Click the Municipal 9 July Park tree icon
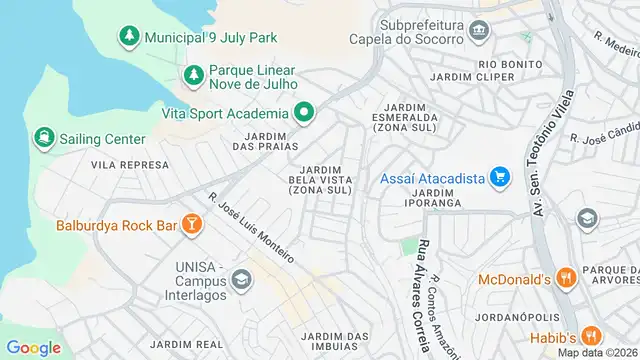(129, 37)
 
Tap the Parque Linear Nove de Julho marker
(193, 75)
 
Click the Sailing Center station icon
(44, 137)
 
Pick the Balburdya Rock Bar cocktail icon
(190, 225)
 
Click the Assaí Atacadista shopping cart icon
(499, 179)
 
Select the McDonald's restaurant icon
(565, 279)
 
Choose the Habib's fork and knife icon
(592, 336)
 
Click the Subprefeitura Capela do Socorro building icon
(479, 31)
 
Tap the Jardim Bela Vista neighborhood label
(320, 179)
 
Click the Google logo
(34, 347)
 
